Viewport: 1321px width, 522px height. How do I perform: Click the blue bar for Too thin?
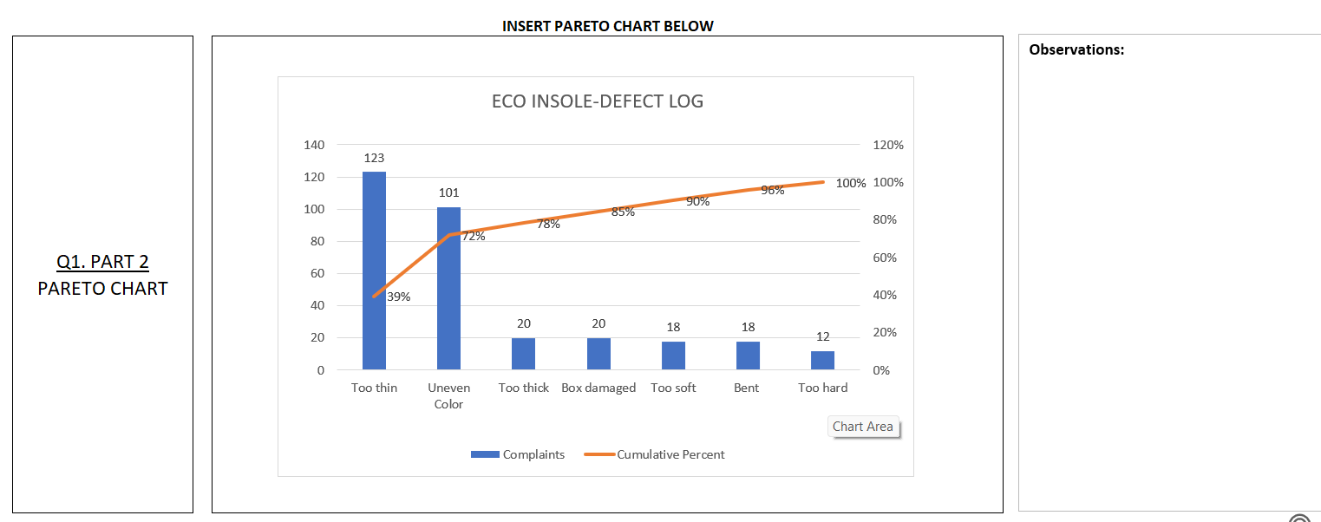coord(374,271)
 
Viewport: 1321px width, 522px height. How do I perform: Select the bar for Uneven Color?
coord(448,288)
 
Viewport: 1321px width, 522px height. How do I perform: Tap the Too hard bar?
coord(822,360)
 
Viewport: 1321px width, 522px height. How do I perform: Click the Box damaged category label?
coord(598,388)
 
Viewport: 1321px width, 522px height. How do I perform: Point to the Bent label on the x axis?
coord(746,388)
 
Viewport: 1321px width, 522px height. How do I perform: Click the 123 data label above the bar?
coord(374,158)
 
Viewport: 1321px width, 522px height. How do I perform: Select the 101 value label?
coord(448,192)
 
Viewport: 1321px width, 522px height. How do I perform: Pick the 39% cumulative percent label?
coord(398,297)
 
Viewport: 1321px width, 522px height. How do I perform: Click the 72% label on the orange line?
coord(473,237)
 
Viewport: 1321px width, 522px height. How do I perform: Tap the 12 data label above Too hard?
coord(823,336)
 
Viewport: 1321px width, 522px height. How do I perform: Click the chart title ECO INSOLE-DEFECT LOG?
coord(598,101)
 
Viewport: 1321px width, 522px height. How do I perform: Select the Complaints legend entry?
coord(519,454)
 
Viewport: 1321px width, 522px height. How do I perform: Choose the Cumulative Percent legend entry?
coord(656,454)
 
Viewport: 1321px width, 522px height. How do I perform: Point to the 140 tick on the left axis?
coord(314,145)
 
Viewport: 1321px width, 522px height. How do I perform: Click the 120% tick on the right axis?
coord(887,145)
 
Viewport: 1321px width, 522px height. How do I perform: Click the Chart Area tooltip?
coord(862,427)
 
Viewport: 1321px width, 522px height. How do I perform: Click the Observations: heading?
coord(1076,49)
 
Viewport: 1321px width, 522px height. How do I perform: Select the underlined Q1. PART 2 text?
coord(102,262)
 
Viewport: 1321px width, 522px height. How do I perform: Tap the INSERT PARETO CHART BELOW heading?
coord(608,26)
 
